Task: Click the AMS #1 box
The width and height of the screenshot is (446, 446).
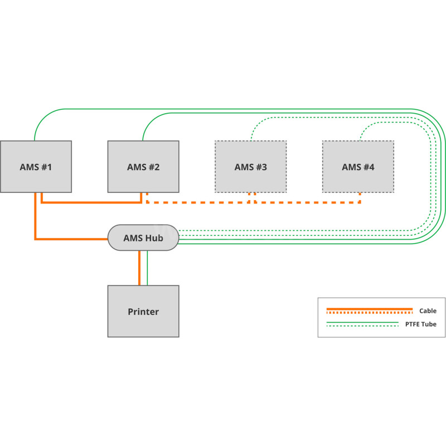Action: coord(36,167)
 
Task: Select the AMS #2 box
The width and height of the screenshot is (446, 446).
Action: coord(143,167)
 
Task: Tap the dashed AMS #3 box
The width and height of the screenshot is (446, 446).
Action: coord(251,167)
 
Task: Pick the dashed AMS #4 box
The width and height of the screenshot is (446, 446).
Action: coord(358,167)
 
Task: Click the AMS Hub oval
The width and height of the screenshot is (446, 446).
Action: coord(143,237)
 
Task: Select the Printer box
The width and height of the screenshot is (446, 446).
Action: coord(143,311)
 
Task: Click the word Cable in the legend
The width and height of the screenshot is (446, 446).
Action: coord(428,311)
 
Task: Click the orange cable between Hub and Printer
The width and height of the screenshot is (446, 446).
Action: coord(139,268)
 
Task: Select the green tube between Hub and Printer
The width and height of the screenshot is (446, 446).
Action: coord(147,268)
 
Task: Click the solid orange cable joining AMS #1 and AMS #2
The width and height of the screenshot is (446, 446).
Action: coord(89,202)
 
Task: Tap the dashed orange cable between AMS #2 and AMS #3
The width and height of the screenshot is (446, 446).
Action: coord(195,202)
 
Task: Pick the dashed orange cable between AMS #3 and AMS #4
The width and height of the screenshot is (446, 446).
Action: coord(307,202)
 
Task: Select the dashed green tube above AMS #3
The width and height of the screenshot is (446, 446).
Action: coord(252,132)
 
